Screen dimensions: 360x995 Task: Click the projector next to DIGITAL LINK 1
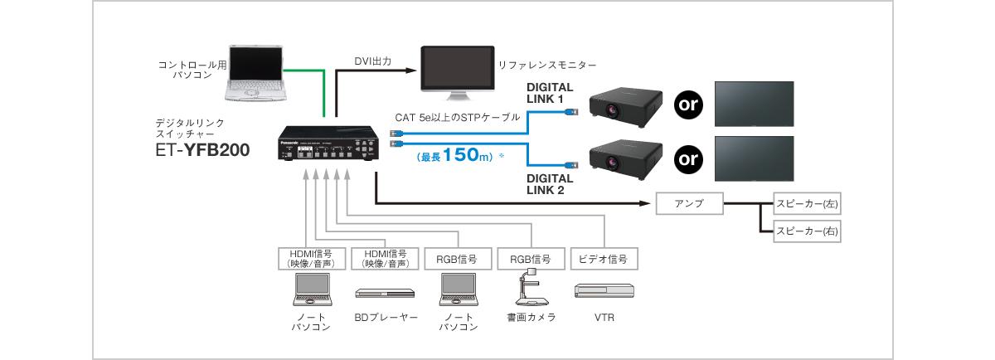(625, 104)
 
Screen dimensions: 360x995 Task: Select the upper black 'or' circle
(687, 105)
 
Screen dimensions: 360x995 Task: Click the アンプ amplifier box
(688, 204)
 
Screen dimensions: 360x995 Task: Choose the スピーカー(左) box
(806, 204)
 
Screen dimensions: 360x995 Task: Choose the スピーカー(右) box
(806, 232)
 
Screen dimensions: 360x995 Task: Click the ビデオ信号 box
(603, 259)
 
